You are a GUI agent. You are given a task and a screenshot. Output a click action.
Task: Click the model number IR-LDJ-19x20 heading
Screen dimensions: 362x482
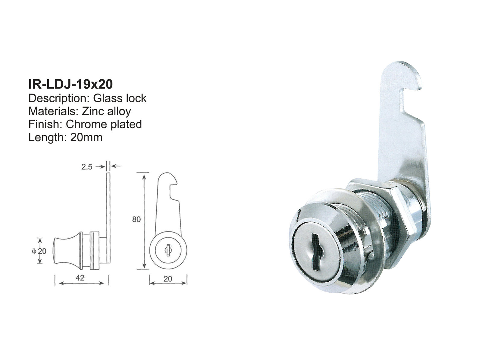click(70, 84)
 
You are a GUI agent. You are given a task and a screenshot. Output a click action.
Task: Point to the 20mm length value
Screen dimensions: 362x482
click(86, 137)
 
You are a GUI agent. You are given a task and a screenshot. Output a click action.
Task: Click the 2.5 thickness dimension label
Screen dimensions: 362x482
click(87, 167)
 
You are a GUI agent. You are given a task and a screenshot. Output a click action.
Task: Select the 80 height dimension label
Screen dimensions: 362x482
click(136, 219)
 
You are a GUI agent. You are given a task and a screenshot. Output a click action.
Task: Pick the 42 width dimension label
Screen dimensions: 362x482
click(80, 278)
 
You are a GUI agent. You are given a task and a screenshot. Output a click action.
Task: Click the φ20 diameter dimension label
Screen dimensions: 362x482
click(39, 251)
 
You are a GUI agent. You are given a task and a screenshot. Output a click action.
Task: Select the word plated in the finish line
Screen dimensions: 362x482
click(127, 124)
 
